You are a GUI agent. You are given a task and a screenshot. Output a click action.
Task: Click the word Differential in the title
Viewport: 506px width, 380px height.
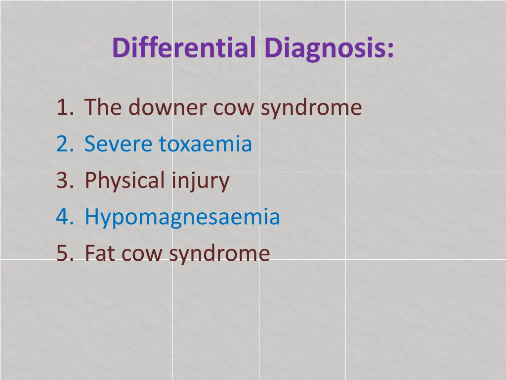pos(184,47)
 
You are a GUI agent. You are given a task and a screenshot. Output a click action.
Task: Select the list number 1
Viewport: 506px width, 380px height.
pos(62,107)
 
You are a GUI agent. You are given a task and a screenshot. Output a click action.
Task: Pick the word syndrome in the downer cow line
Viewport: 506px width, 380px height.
pos(311,107)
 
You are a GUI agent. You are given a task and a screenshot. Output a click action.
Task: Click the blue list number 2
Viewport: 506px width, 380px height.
pos(63,144)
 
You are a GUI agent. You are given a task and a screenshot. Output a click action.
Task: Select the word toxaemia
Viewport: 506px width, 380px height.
pos(206,144)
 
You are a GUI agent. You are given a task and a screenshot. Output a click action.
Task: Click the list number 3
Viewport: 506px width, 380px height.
pos(63,180)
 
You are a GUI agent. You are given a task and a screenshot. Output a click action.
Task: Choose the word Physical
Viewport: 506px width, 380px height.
pos(125,180)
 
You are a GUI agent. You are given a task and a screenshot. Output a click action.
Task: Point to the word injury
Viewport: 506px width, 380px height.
pos(200,180)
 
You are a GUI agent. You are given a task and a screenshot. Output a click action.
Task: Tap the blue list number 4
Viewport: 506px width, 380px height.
pos(63,217)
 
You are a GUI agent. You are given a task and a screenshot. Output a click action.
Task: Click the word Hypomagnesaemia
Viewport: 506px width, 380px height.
pos(182,217)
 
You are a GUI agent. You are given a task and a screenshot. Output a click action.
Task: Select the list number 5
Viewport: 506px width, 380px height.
pos(63,253)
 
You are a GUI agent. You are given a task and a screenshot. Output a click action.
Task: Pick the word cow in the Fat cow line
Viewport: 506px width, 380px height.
pos(143,253)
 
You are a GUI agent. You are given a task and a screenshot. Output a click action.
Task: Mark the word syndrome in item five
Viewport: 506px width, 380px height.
pos(219,253)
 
